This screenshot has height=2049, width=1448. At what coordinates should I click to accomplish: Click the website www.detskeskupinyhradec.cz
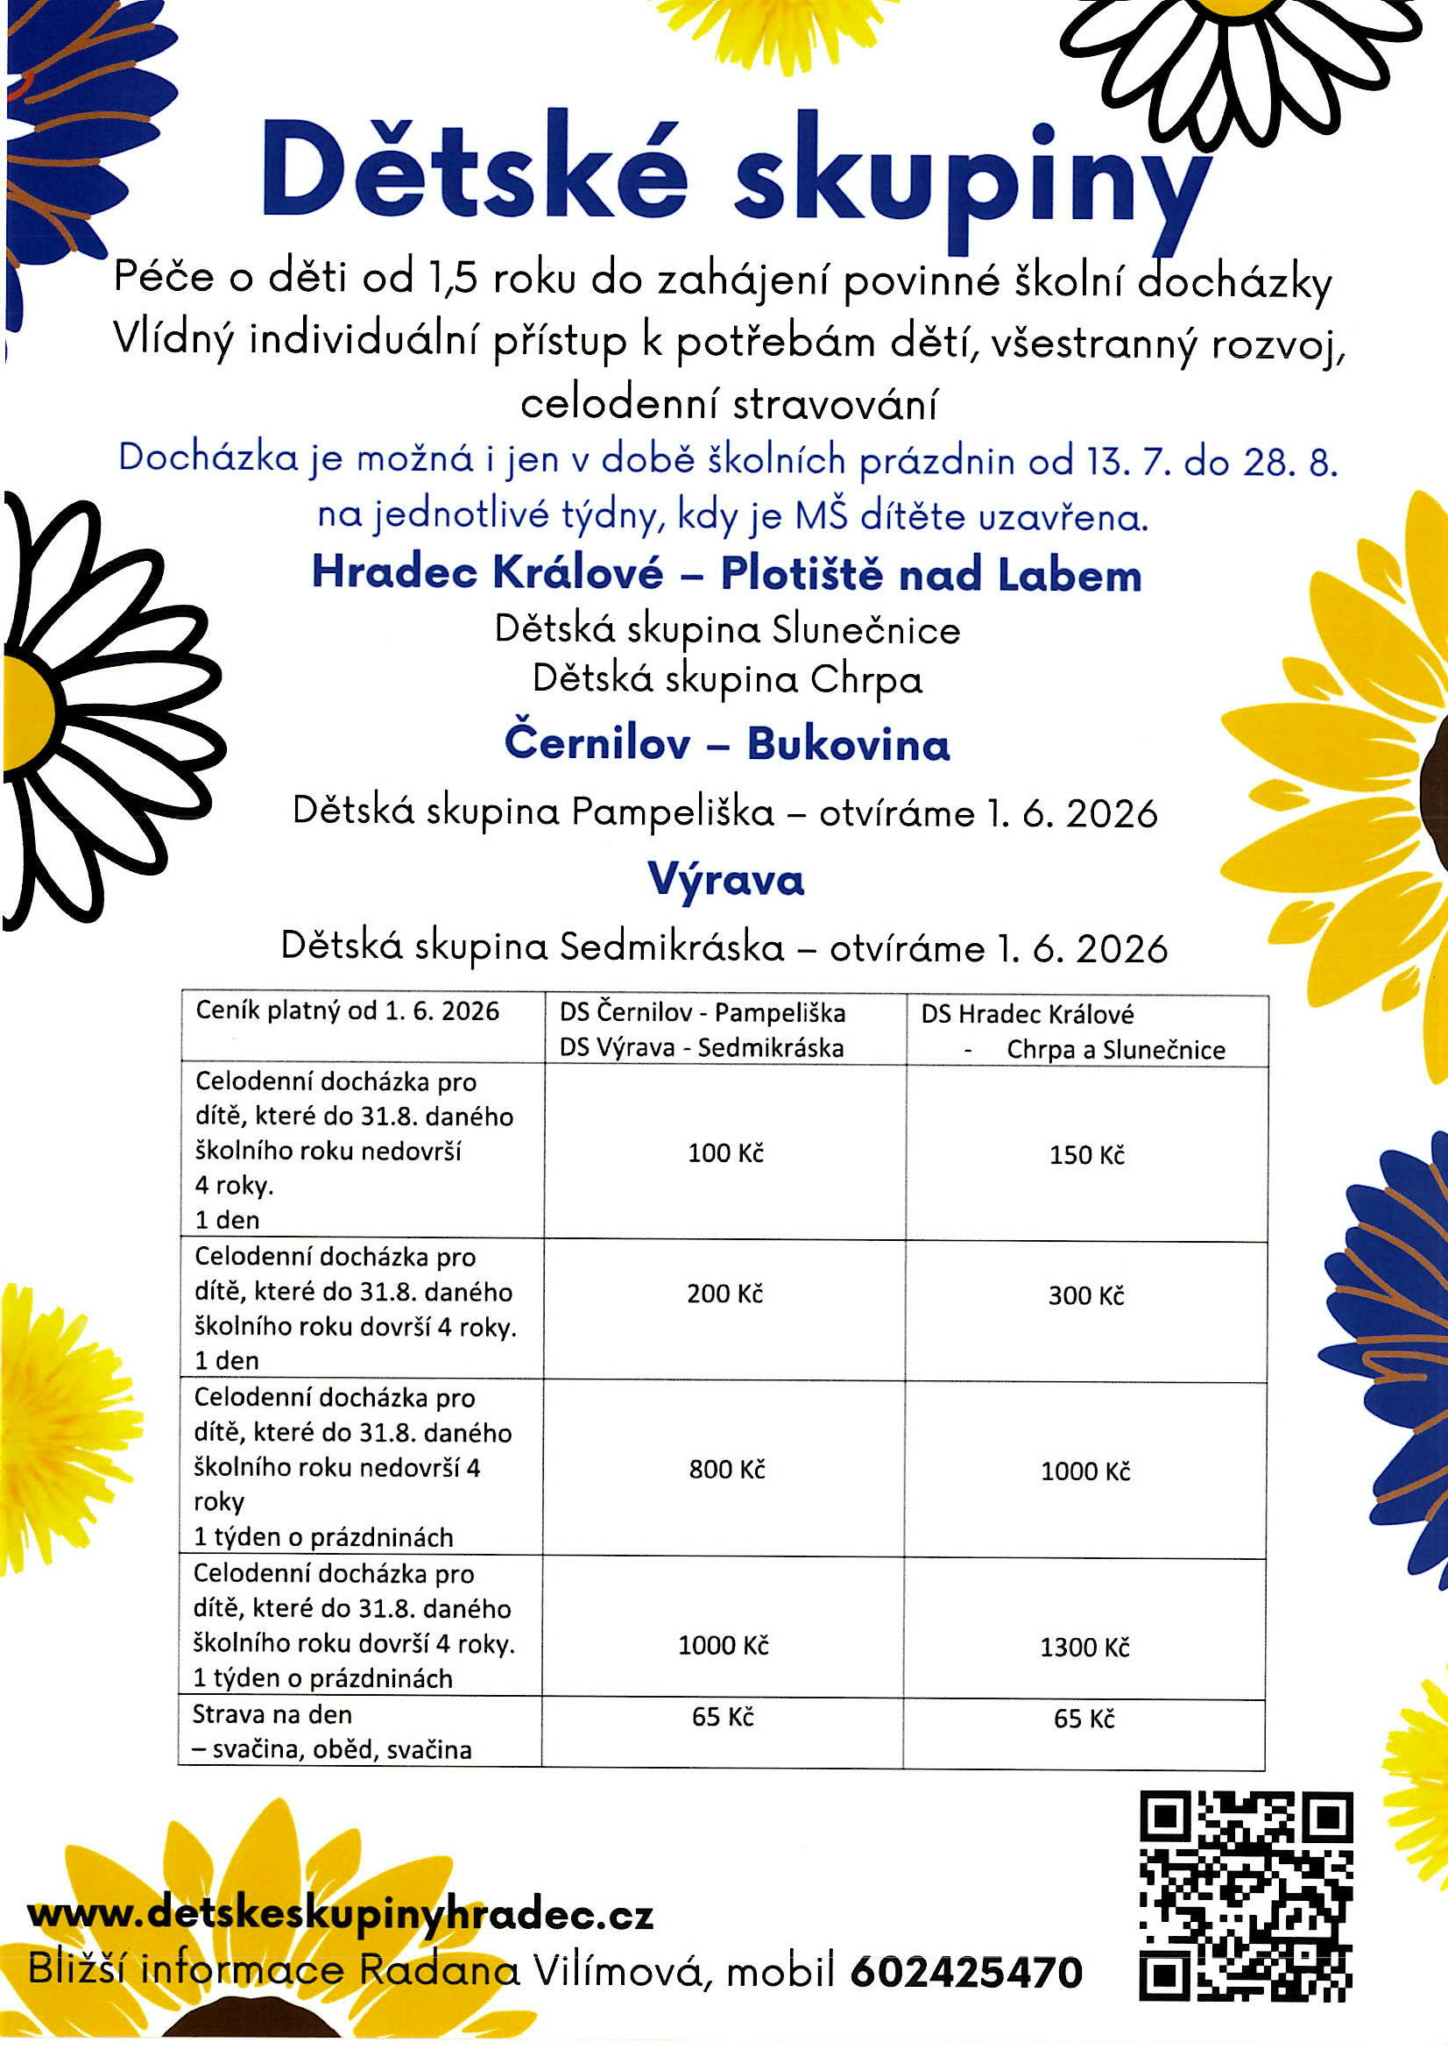[340, 1914]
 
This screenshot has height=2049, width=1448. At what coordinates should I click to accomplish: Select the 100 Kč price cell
[725, 1153]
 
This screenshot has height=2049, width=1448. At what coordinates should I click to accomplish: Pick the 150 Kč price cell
[1087, 1155]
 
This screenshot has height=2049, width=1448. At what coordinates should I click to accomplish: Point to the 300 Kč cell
[1085, 1295]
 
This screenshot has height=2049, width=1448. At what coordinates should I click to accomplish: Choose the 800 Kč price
[726, 1469]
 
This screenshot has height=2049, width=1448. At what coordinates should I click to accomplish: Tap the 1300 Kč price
[1084, 1648]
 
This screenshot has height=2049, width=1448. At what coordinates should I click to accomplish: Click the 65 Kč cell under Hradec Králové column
[1084, 1718]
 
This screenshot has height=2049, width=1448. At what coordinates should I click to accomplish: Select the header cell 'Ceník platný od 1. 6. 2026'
[347, 1011]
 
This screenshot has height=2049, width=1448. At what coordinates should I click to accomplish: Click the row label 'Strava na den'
[272, 1714]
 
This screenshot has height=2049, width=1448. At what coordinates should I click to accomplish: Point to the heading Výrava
[725, 880]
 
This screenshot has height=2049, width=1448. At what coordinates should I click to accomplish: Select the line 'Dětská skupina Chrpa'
[726, 680]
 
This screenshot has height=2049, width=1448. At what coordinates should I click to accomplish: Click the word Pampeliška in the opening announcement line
[673, 812]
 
